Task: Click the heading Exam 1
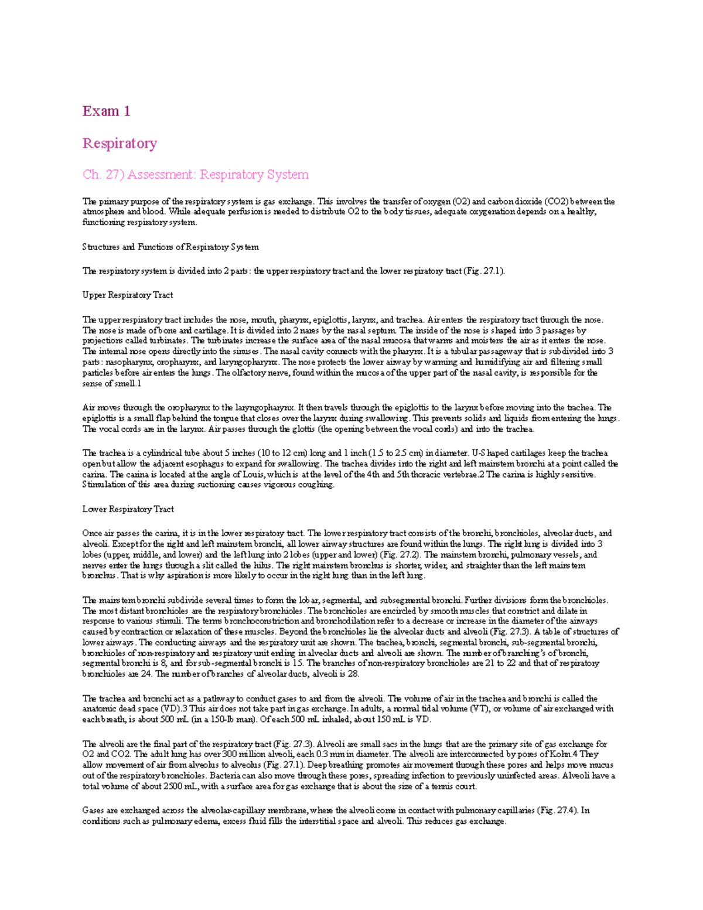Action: click(x=106, y=111)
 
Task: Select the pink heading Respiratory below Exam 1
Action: click(x=120, y=144)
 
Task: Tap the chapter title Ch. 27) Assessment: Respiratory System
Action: click(x=195, y=175)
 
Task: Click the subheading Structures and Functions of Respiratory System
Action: click(x=170, y=247)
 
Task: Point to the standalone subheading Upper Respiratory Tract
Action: click(x=128, y=295)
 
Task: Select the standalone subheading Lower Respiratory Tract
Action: click(x=128, y=509)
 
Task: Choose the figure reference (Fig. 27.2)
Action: click(x=400, y=555)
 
